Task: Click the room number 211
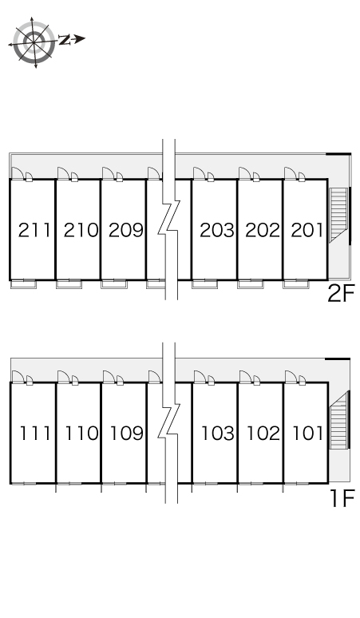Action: [x=34, y=230]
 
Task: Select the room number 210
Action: [x=81, y=230]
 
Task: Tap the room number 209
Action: [x=126, y=230]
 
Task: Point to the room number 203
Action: [x=217, y=230]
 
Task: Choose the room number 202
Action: [x=263, y=230]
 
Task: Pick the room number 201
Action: [x=307, y=230]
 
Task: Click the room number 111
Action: [x=35, y=434]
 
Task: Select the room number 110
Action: [x=81, y=434]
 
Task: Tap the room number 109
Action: [x=126, y=434]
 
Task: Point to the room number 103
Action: [x=218, y=434]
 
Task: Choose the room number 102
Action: [x=263, y=434]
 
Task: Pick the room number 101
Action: [x=308, y=434]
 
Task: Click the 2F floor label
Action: [x=341, y=294]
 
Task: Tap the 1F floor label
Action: [x=342, y=497]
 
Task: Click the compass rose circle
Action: [x=34, y=41]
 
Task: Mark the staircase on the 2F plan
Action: [x=338, y=214]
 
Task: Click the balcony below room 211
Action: [x=23, y=283]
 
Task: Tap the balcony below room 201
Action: [x=296, y=283]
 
